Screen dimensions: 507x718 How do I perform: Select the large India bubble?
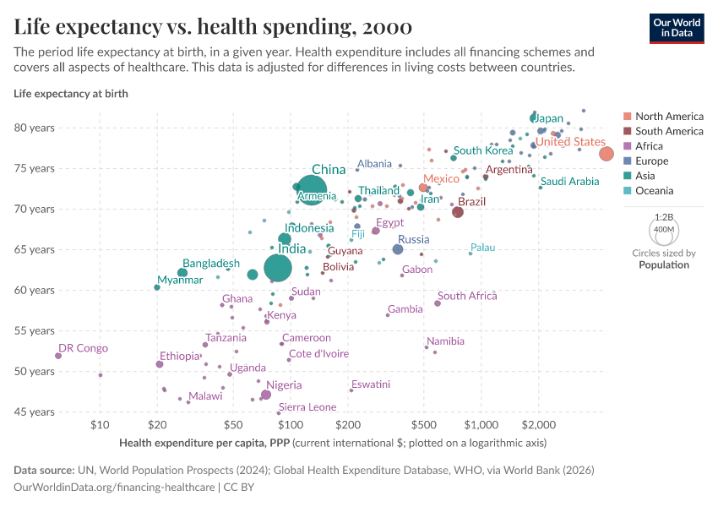pos(278,267)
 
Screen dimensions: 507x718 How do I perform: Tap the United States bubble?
pos(606,153)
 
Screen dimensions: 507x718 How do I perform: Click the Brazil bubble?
pos(458,212)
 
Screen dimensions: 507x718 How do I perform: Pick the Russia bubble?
pos(398,249)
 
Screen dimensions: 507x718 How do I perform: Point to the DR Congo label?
pos(83,348)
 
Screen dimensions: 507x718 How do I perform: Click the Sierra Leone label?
pos(307,407)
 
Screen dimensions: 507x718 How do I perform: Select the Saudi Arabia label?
pos(570,182)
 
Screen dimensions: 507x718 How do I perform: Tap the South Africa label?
pos(467,296)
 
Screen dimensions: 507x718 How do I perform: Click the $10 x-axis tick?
pos(100,423)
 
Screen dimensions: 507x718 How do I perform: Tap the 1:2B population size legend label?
pos(665,216)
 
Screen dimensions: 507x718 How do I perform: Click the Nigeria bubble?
pos(266,395)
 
